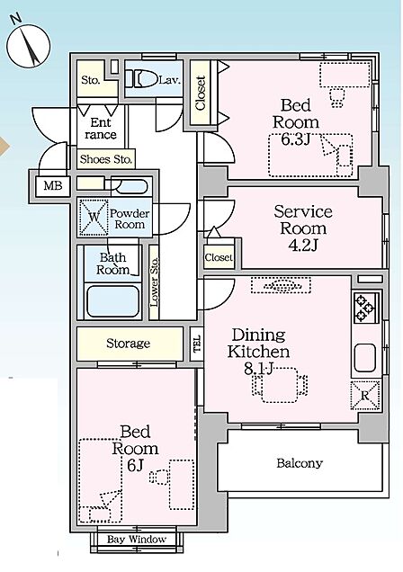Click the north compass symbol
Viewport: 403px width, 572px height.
click(x=28, y=46)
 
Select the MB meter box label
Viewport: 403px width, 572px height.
click(x=53, y=186)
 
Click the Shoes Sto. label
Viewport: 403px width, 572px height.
click(x=106, y=159)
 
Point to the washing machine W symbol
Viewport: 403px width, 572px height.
click(x=94, y=217)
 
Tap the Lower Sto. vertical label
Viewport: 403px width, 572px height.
click(x=155, y=282)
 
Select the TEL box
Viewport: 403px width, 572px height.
click(x=197, y=344)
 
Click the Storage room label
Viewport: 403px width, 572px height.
click(x=128, y=344)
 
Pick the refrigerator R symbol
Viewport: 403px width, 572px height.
click(x=365, y=396)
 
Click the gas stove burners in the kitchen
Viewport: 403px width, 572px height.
click(x=365, y=307)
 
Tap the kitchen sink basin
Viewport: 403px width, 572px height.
click(x=364, y=357)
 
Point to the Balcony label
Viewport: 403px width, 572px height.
click(x=300, y=463)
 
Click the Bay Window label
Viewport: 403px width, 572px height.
click(x=137, y=539)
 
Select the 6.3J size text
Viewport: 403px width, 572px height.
click(x=295, y=139)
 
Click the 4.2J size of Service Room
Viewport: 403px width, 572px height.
click(x=303, y=246)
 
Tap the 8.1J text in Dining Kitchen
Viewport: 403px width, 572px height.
click(x=258, y=369)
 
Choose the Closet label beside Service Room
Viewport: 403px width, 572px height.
click(x=219, y=257)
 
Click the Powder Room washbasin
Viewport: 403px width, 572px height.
click(x=129, y=186)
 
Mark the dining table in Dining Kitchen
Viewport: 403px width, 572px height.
click(x=280, y=385)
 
